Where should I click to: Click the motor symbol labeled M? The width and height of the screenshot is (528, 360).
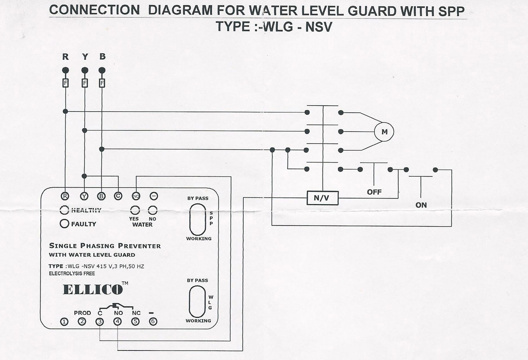[384, 132]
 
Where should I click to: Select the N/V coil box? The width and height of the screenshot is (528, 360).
[322, 198]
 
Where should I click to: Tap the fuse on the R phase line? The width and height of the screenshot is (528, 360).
[65, 83]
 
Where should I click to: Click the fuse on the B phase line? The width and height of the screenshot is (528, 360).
[102, 83]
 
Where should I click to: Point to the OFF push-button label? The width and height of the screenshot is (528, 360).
[374, 192]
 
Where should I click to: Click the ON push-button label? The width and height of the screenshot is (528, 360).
[421, 205]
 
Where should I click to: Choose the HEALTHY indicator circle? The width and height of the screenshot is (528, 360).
[64, 210]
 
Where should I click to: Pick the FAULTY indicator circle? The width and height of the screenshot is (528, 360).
[64, 224]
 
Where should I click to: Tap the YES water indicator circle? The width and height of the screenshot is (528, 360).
[135, 210]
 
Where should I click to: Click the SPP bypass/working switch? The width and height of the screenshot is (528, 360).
[197, 219]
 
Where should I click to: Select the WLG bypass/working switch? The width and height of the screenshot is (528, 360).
[197, 301]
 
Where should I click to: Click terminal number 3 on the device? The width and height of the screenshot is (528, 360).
[100, 321]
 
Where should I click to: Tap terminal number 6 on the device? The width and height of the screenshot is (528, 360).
[153, 321]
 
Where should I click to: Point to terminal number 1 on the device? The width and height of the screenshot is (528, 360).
[64, 322]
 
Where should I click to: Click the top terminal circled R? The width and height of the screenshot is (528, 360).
[65, 196]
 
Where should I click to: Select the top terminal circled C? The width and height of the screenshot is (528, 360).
[118, 196]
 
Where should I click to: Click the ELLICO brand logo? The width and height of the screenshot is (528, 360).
[93, 290]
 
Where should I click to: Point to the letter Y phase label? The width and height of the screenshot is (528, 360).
[85, 57]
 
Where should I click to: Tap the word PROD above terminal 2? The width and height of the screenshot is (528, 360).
[82, 313]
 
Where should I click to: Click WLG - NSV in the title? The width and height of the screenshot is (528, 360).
[297, 27]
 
